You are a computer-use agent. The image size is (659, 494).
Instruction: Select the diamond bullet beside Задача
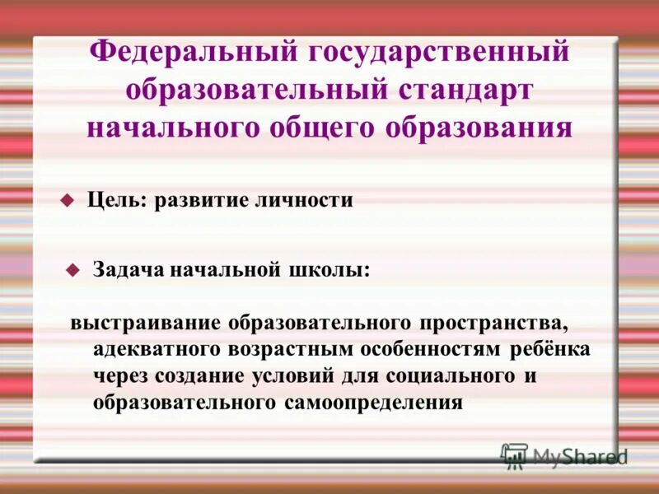point(73,269)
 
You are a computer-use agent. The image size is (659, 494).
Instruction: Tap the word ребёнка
point(549,348)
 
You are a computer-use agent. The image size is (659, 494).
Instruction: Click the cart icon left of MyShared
point(514,455)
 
